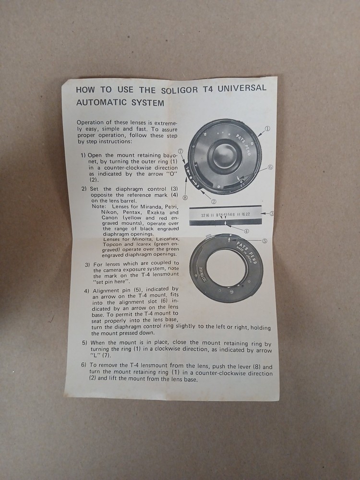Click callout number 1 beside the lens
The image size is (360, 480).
(x=267, y=129)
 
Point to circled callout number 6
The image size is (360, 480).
(x=270, y=167)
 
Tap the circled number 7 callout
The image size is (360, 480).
(x=180, y=151)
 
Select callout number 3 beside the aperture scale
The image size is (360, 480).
(x=272, y=214)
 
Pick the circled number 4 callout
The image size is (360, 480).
(x=246, y=230)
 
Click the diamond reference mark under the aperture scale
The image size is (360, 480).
(x=225, y=223)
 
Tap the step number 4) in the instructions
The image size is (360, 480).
(x=86, y=291)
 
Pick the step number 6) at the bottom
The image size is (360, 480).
(x=84, y=366)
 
